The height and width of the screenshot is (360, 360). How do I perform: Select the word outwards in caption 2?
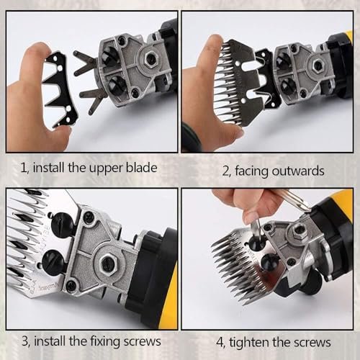point(298,171)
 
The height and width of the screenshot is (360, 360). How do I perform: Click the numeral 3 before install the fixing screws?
point(25,341)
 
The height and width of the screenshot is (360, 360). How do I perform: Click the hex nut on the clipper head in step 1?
point(150,58)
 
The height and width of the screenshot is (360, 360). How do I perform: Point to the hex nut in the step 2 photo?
point(318,65)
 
